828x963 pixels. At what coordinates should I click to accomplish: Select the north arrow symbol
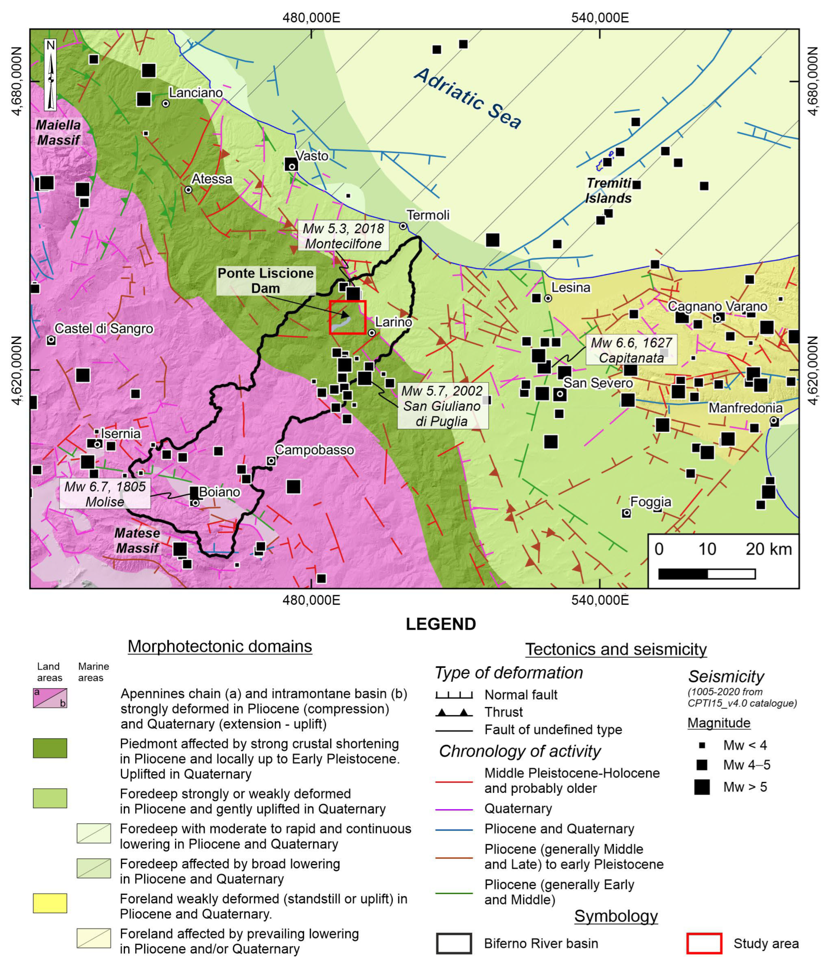tap(51, 74)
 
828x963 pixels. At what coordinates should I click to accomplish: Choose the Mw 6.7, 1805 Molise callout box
tap(105, 494)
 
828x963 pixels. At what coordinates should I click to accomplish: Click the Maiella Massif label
tap(58, 132)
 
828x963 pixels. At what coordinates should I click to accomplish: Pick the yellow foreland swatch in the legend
tap(50, 903)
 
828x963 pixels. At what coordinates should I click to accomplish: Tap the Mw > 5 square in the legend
tap(702, 787)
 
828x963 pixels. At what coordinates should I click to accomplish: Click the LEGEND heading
tap(441, 624)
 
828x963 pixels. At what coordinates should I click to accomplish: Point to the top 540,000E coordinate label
tap(600, 18)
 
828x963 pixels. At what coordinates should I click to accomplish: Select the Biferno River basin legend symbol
tap(454, 943)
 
